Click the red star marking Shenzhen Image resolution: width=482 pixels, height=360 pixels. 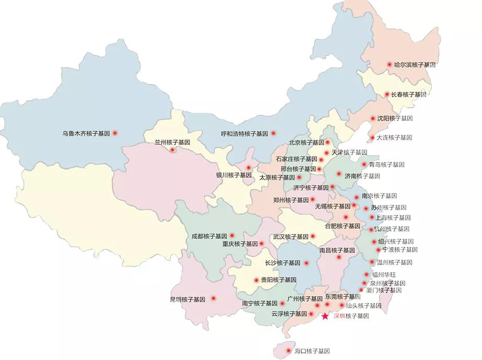click(x=325, y=316)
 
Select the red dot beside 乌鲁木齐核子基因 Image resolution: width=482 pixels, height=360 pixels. click(x=115, y=133)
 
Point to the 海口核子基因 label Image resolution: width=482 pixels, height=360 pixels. click(x=312, y=351)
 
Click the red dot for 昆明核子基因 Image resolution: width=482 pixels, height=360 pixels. click(x=213, y=299)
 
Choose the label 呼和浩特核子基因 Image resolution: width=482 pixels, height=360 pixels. click(x=244, y=133)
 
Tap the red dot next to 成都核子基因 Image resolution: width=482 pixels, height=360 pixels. click(x=232, y=236)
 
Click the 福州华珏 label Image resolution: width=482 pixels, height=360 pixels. click(x=384, y=274)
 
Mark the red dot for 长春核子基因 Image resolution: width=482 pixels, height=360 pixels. click(x=386, y=95)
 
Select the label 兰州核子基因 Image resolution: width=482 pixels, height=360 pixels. click(x=172, y=142)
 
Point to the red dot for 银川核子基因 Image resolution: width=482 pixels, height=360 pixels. click(x=249, y=168)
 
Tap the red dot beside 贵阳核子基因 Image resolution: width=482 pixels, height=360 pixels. click(x=256, y=280)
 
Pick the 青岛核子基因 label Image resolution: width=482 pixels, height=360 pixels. click(x=386, y=165)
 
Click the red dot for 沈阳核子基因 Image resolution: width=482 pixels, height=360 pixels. click(x=373, y=119)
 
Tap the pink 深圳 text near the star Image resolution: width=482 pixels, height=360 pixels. click(x=339, y=316)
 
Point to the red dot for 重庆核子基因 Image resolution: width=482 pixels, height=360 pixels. click(x=262, y=243)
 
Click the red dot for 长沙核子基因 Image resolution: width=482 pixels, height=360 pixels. click(x=307, y=263)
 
